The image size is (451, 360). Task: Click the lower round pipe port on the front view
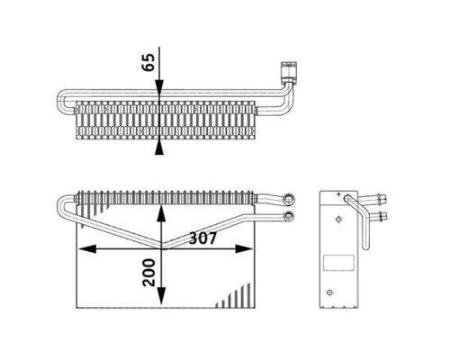pos(288,216)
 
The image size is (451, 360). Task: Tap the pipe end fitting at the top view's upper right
pos(288,67)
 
